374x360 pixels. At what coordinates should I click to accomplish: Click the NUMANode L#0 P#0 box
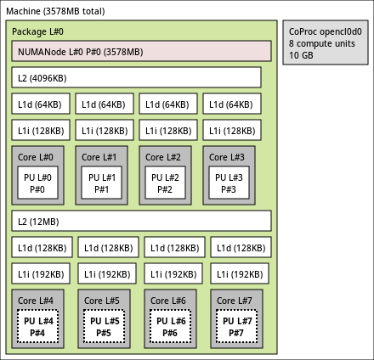[141, 51]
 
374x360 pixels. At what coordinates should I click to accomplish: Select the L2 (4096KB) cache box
[136, 77]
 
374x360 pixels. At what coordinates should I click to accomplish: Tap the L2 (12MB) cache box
[141, 221]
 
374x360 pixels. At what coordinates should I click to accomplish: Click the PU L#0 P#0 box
[37, 183]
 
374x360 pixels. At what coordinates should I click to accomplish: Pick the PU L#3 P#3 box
[229, 183]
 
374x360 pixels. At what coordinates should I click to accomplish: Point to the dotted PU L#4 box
[37, 326]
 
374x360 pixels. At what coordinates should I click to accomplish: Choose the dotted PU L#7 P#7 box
[236, 326]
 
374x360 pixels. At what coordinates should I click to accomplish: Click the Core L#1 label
[99, 157]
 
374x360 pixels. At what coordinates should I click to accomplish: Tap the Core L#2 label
[162, 157]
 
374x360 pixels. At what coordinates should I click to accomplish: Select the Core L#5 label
[102, 301]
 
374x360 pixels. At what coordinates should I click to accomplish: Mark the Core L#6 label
[168, 301]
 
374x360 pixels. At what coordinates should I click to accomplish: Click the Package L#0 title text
[37, 31]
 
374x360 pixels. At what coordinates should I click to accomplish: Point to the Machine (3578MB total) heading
[55, 11]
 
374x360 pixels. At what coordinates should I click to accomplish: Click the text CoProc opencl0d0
[326, 31]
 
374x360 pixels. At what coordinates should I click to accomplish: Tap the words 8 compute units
[322, 43]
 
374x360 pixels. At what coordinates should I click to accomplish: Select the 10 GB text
[301, 55]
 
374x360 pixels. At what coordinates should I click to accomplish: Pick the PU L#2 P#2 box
[165, 183]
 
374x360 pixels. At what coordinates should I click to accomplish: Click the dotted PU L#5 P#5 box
[104, 326]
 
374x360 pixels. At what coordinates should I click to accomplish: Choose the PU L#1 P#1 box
[101, 183]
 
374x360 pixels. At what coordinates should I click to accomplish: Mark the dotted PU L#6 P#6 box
[170, 326]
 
